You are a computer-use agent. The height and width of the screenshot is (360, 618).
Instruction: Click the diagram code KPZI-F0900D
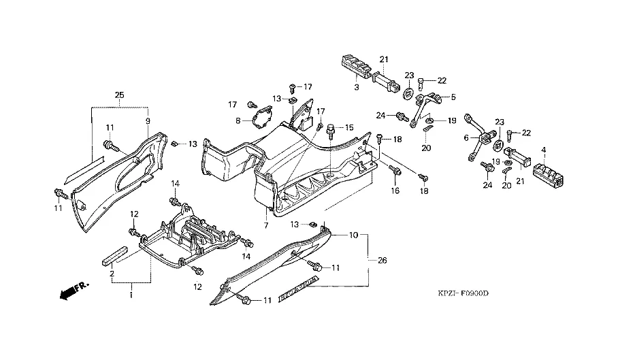click(463, 293)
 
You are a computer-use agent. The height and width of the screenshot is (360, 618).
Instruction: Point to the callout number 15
click(348, 127)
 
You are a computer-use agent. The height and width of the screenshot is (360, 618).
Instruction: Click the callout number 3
click(356, 88)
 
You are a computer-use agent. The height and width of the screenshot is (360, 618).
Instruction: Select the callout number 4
click(544, 149)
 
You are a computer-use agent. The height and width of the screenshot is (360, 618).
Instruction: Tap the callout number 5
click(453, 97)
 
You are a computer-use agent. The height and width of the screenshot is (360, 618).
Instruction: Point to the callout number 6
click(468, 137)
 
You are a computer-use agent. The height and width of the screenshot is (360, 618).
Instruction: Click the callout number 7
click(266, 225)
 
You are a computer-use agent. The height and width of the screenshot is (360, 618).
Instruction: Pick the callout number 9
click(147, 120)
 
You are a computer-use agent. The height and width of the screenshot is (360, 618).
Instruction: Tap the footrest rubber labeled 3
click(356, 68)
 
